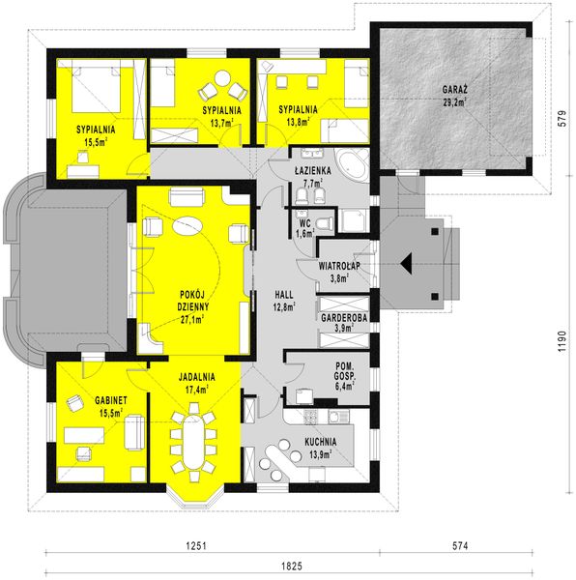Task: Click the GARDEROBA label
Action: pyautogui.click(x=343, y=316)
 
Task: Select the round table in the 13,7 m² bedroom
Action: pyautogui.click(x=222, y=83)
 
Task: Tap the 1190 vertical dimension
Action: pyautogui.click(x=561, y=344)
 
